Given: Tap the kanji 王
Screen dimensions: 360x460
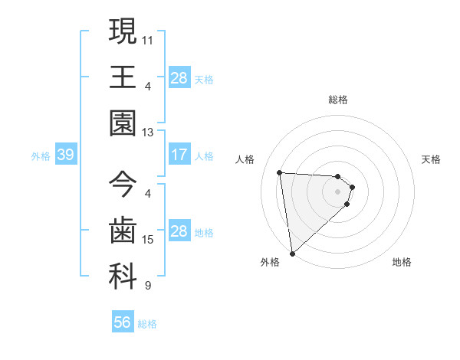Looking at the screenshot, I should tap(123, 77).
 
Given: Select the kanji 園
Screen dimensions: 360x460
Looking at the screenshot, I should tap(123, 123).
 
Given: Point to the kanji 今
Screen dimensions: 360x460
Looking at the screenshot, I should tap(123, 185).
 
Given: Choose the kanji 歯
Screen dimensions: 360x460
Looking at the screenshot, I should tap(123, 231).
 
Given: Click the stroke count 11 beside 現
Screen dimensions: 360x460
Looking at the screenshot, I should tap(148, 38).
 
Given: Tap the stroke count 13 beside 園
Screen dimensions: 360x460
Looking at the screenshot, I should tap(148, 132).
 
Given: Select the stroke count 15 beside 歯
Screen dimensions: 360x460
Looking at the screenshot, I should tap(148, 240).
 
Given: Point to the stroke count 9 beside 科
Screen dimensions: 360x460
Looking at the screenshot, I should tap(148, 286).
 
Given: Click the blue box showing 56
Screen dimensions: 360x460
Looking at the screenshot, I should tap(123, 322).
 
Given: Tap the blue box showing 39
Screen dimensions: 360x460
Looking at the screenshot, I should tap(65, 155).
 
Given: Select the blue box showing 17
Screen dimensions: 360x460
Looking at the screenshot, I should tap(179, 155).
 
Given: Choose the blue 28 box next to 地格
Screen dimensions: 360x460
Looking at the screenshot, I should tap(179, 231).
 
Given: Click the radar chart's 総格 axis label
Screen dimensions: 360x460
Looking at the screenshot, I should tap(338, 100).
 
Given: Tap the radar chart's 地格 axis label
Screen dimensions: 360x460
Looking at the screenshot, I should tap(402, 262).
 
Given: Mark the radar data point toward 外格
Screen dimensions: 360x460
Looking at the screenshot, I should tap(292, 254).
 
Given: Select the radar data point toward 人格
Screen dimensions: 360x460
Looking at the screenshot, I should tap(280, 172).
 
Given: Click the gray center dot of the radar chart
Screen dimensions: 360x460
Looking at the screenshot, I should tap(338, 192).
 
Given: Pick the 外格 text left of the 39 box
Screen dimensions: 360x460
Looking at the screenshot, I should tap(41, 156).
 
